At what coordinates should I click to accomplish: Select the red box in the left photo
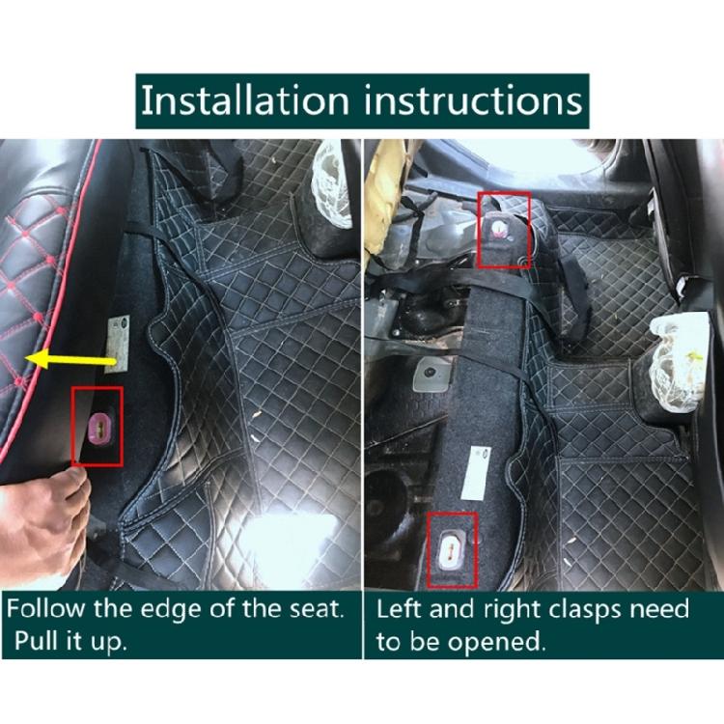click(97, 426)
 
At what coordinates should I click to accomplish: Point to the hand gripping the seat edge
click(43, 512)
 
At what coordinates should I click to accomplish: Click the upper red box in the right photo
click(505, 230)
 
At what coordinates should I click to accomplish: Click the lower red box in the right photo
click(452, 550)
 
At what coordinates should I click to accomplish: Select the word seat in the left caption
click(299, 610)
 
